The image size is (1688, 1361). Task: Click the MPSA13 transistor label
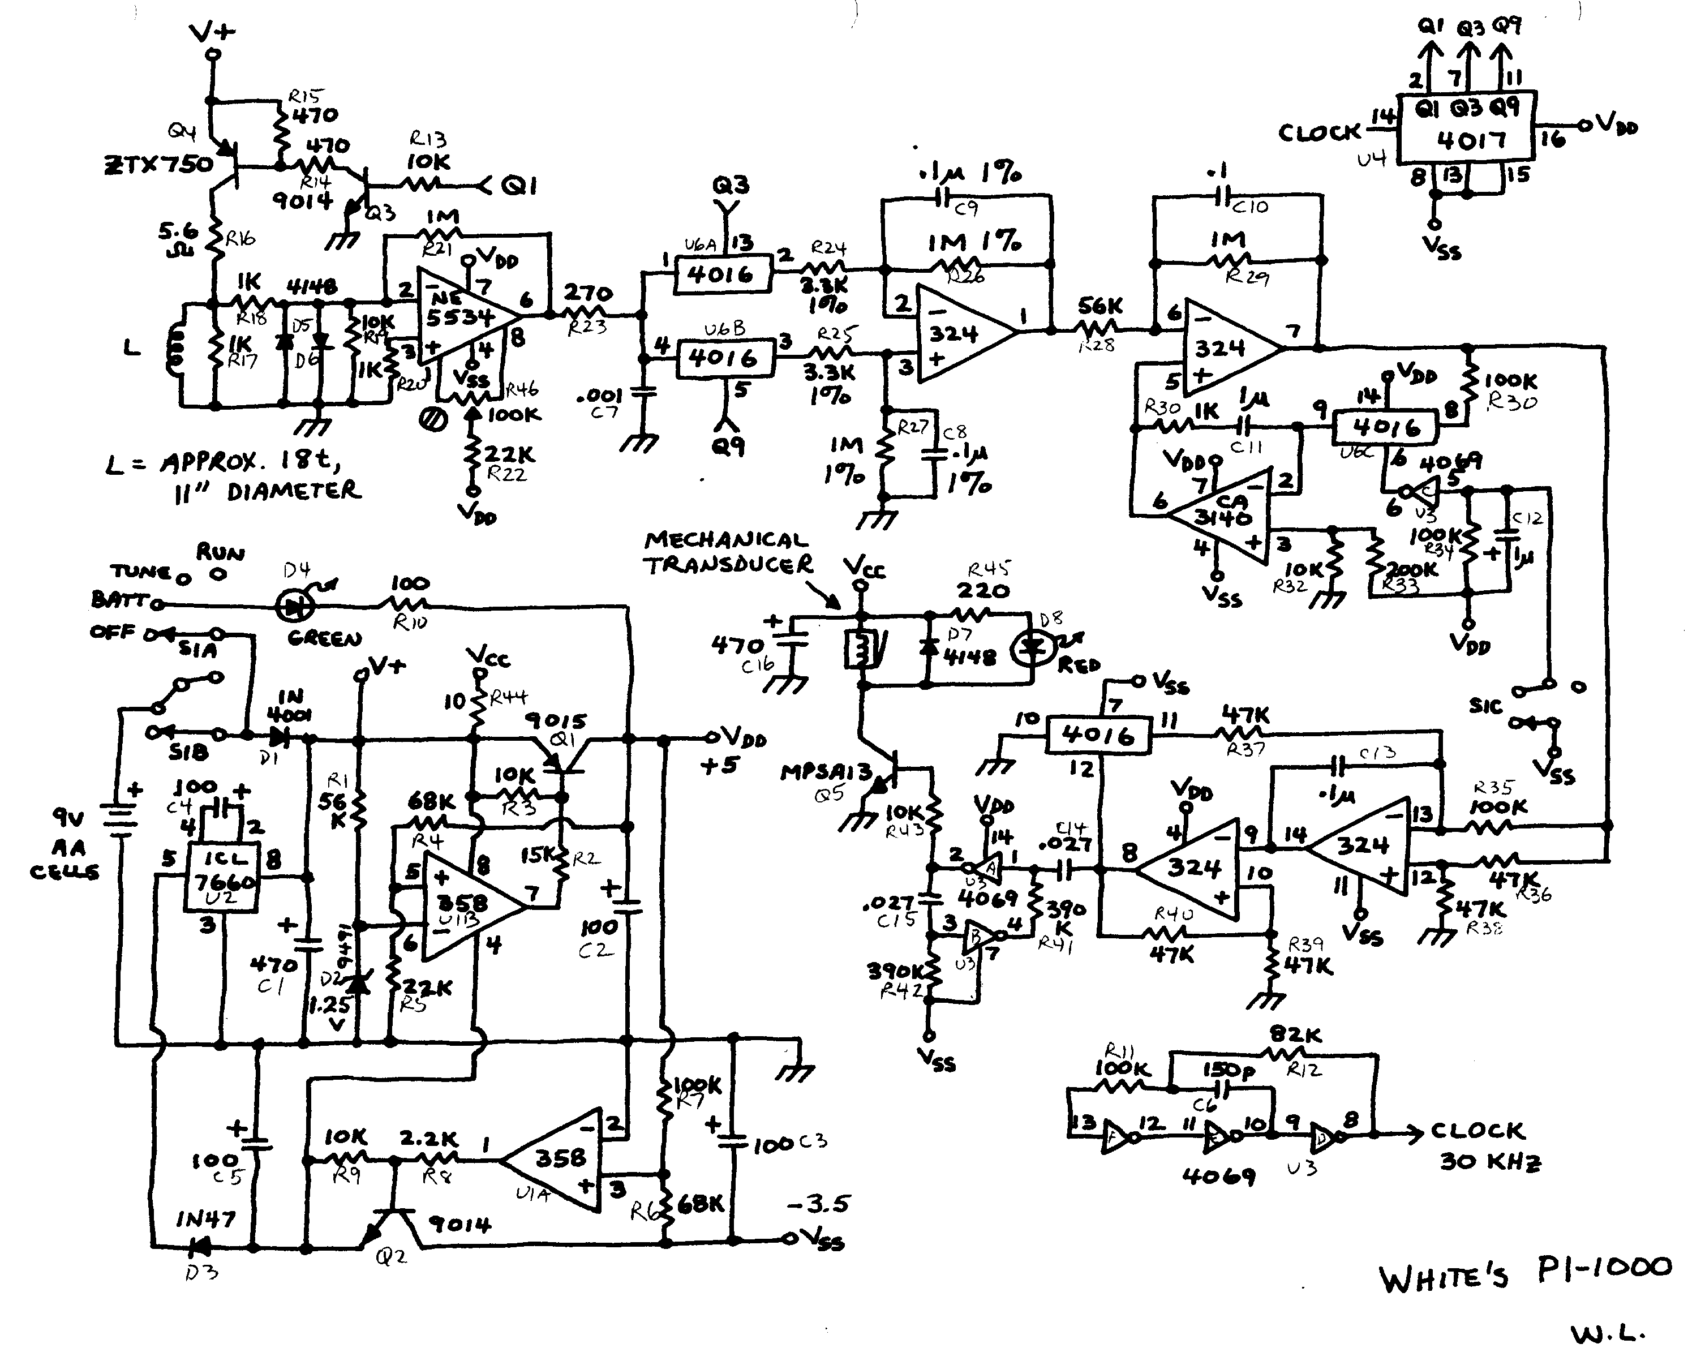coord(826,772)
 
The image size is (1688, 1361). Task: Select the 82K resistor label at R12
coord(1295,1035)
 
